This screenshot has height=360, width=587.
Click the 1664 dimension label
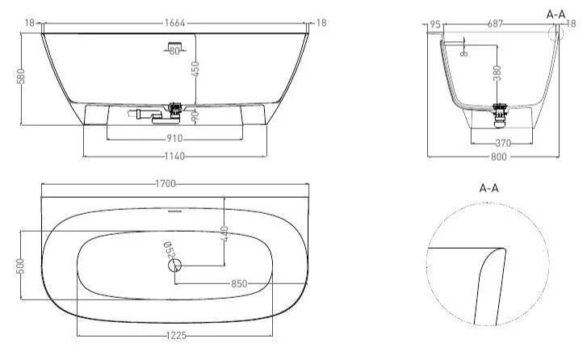[x=175, y=23]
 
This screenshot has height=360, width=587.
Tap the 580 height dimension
[x=21, y=76]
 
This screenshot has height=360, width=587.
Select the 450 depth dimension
[x=195, y=69]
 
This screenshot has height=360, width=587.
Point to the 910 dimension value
[x=174, y=139]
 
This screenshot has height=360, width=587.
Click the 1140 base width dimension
[x=174, y=156]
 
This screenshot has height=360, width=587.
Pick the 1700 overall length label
[x=166, y=184]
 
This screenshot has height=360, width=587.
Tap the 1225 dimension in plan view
[x=176, y=336]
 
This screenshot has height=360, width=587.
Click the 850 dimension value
[x=239, y=283]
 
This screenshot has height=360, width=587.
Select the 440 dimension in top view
[x=224, y=234]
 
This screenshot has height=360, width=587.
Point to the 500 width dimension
[x=20, y=266]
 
